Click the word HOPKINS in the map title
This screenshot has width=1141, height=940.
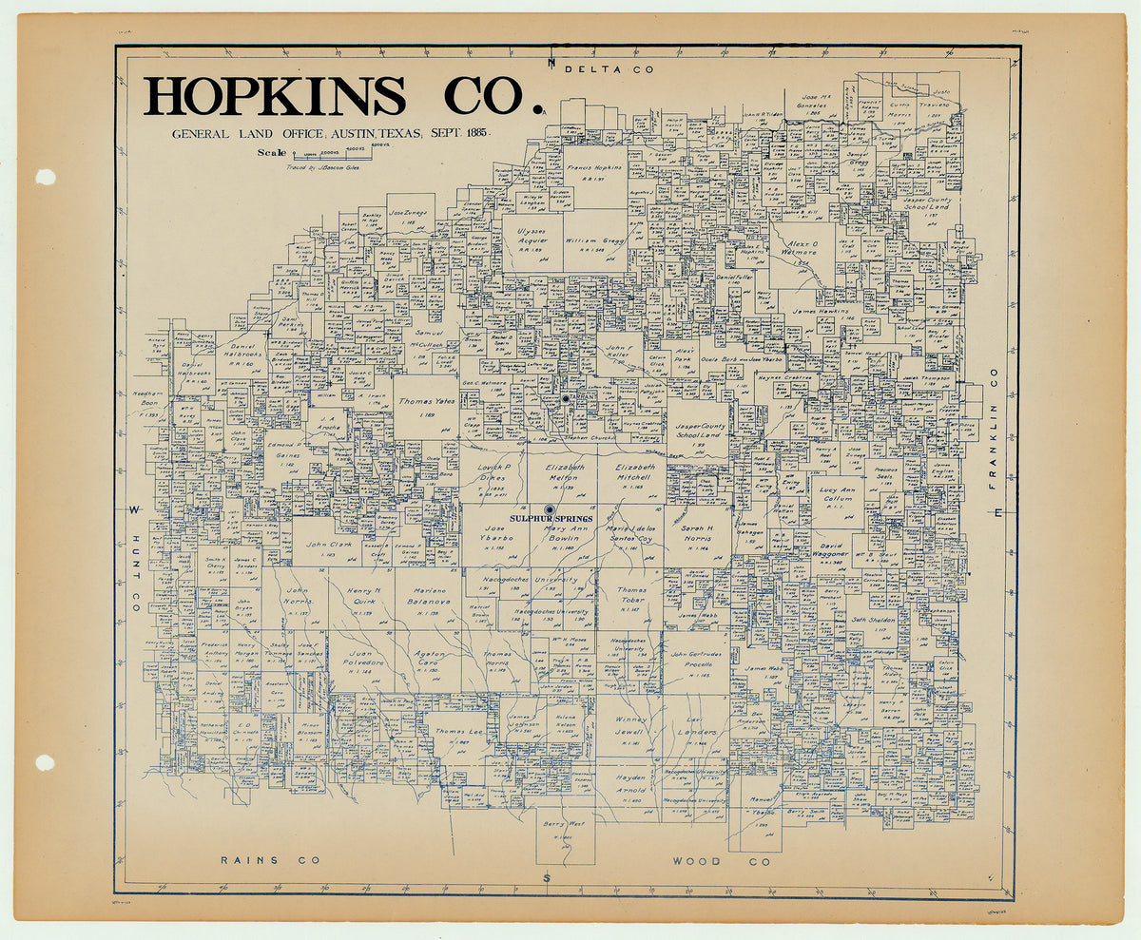(x=276, y=96)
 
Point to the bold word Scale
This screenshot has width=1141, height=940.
(x=271, y=152)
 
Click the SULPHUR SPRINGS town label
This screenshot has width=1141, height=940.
(x=551, y=518)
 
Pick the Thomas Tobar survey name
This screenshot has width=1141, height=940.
(x=631, y=595)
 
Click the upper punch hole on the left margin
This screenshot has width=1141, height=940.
(x=46, y=177)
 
